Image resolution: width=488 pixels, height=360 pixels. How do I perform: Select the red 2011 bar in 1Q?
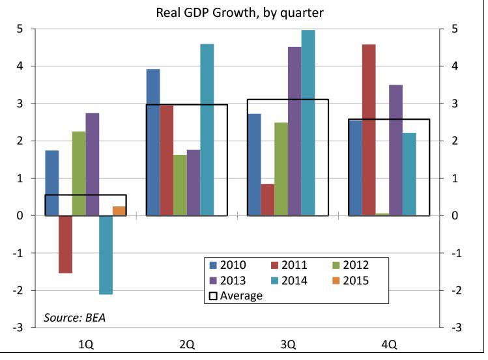(65, 244)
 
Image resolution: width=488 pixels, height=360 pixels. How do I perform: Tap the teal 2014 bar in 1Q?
(106, 255)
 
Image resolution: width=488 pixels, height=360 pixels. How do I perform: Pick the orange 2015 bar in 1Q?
(119, 211)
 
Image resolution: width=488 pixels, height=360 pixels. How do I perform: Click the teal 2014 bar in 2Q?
(207, 130)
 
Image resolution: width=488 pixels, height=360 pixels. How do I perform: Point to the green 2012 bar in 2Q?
(180, 185)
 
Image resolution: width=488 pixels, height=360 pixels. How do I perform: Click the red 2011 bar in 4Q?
(369, 130)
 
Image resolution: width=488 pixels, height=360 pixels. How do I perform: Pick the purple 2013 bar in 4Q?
(395, 150)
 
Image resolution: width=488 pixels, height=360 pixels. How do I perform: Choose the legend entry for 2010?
(229, 265)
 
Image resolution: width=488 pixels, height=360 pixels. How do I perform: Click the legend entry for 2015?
(349, 281)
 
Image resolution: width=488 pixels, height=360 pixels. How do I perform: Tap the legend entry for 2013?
(229, 281)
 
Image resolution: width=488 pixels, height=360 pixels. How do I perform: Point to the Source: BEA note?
(74, 318)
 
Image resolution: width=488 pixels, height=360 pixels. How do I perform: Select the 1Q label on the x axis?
(85, 344)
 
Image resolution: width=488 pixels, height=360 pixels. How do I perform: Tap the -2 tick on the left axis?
(22, 290)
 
